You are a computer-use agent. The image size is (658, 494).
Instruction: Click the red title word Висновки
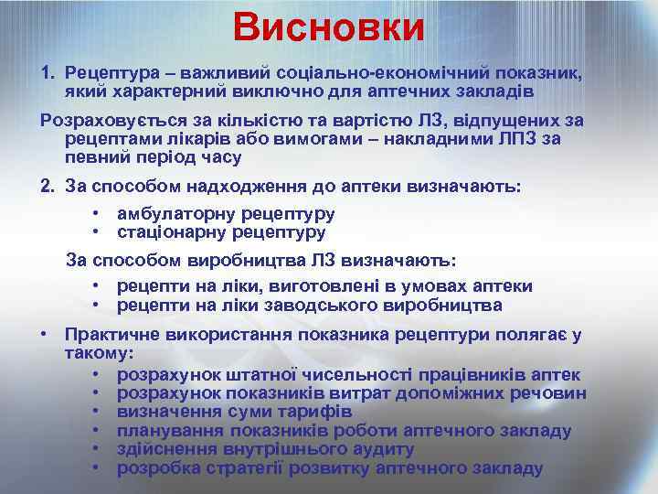point(329,27)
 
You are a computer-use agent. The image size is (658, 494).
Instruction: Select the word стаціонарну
point(175,231)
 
